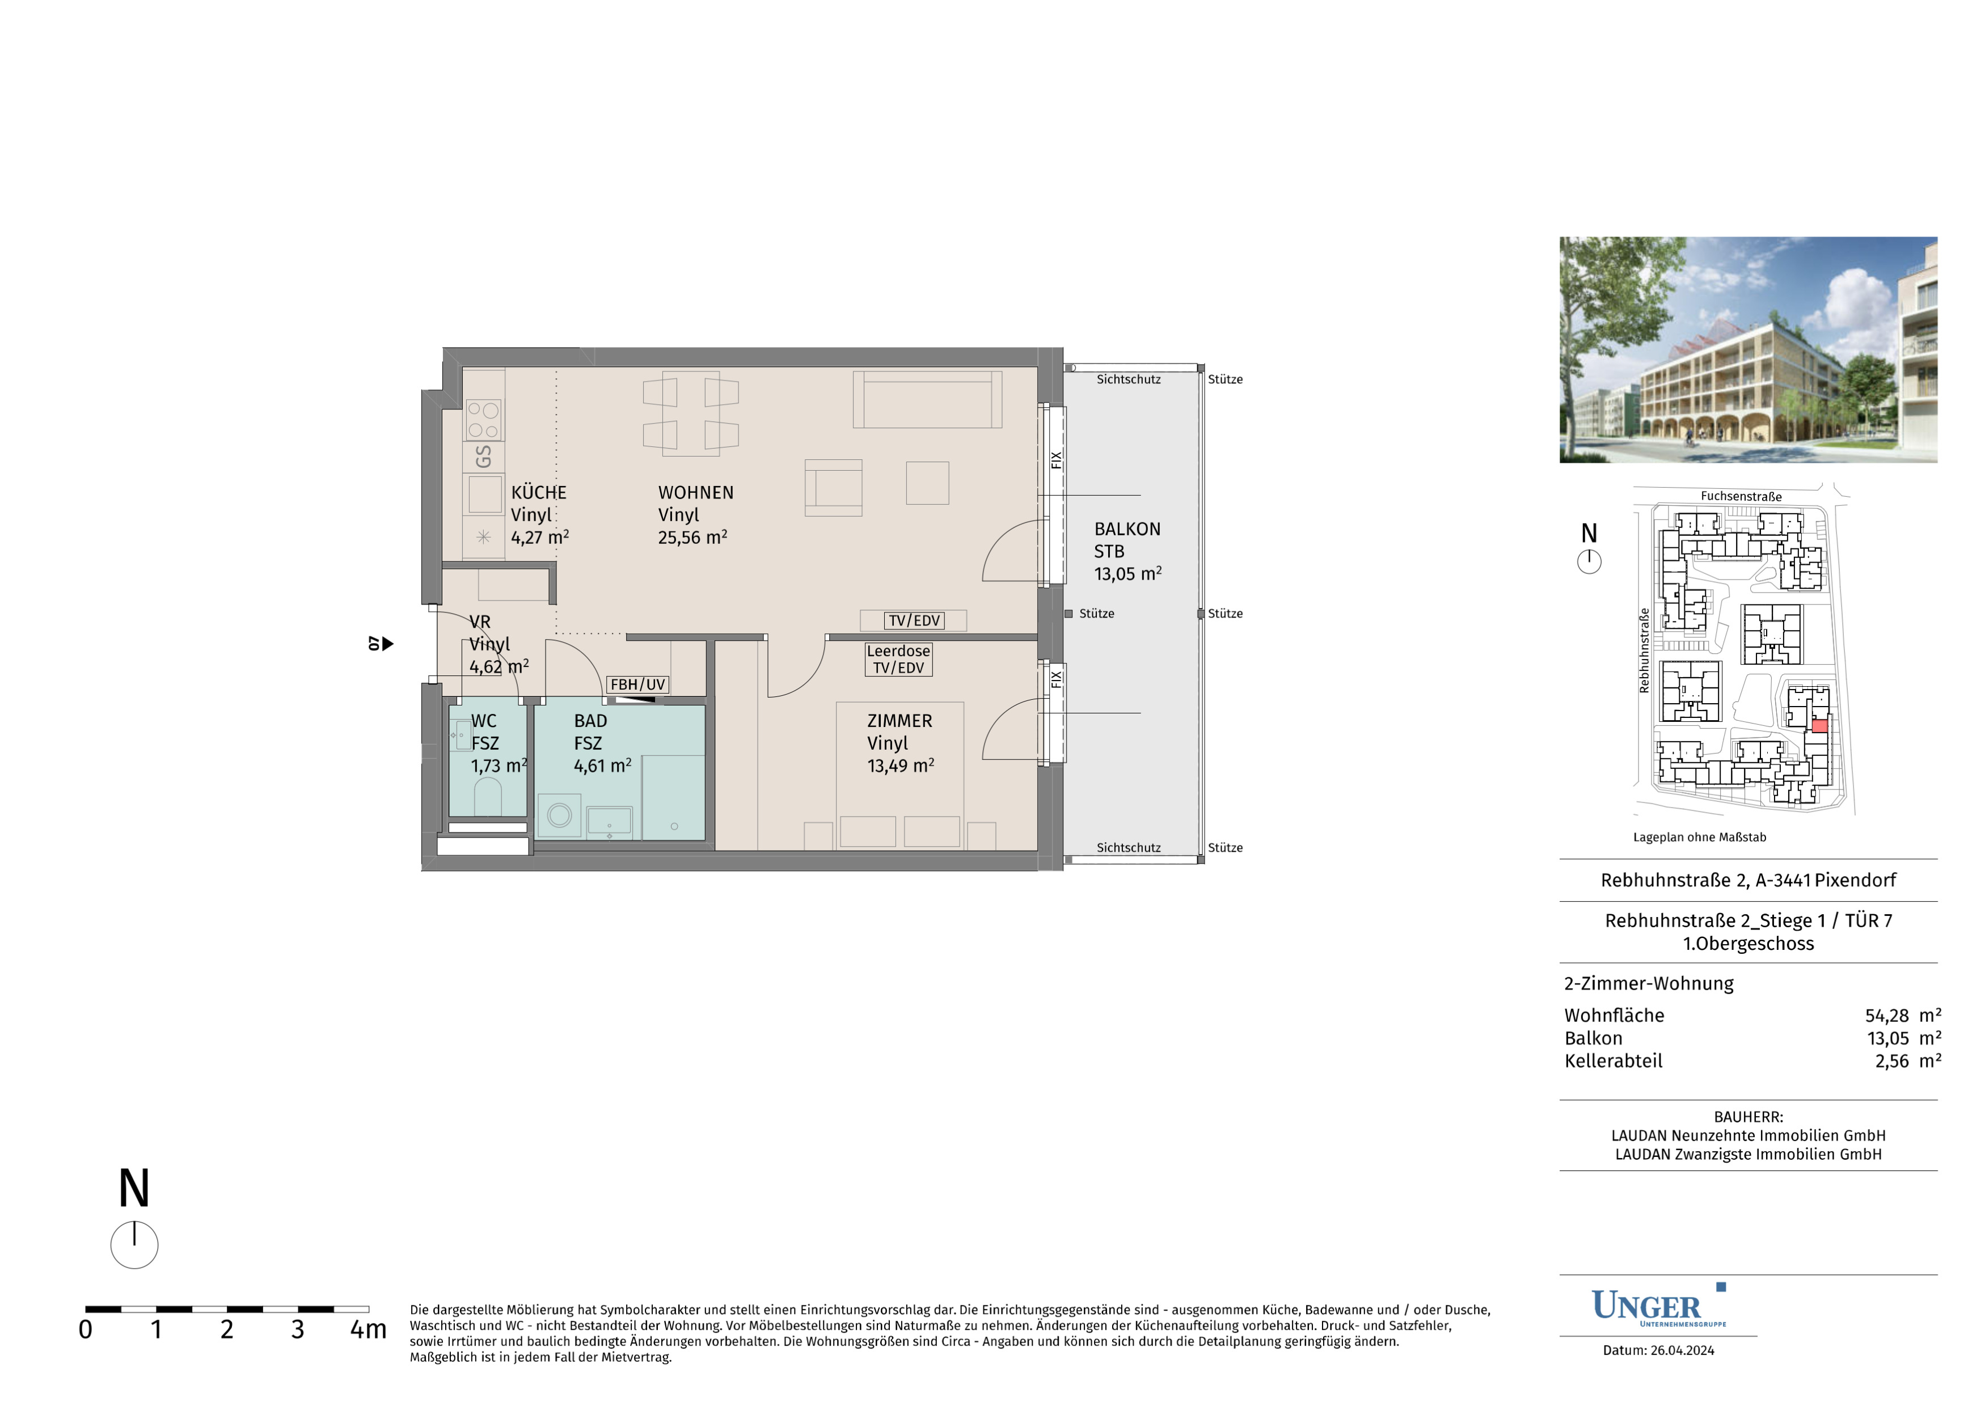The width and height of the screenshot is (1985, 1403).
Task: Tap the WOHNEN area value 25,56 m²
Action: click(x=692, y=537)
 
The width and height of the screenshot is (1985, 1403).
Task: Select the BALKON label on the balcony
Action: click(x=1127, y=529)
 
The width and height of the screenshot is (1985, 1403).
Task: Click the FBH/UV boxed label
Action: click(x=638, y=684)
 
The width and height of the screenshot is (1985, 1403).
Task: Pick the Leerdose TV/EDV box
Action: click(x=899, y=660)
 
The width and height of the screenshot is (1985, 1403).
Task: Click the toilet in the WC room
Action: click(x=488, y=797)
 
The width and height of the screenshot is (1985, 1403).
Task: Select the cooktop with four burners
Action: click(x=483, y=419)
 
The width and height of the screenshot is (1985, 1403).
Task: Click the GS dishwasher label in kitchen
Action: click(x=483, y=457)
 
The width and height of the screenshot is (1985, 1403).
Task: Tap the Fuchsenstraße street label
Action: click(x=1741, y=496)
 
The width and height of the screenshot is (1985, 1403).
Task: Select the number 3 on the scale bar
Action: click(x=297, y=1329)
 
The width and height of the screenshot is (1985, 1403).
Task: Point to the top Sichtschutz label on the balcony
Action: click(x=1128, y=379)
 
